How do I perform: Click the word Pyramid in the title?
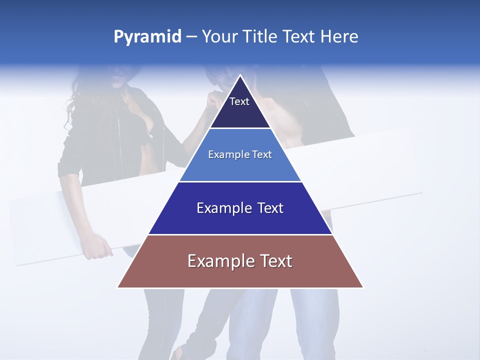point(147,37)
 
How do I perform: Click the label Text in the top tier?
point(239,101)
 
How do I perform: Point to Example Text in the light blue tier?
point(240,154)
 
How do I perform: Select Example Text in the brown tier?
point(240,261)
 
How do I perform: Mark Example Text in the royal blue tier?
point(240,208)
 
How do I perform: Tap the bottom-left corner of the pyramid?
point(118,287)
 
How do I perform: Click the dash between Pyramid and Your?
point(191,37)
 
